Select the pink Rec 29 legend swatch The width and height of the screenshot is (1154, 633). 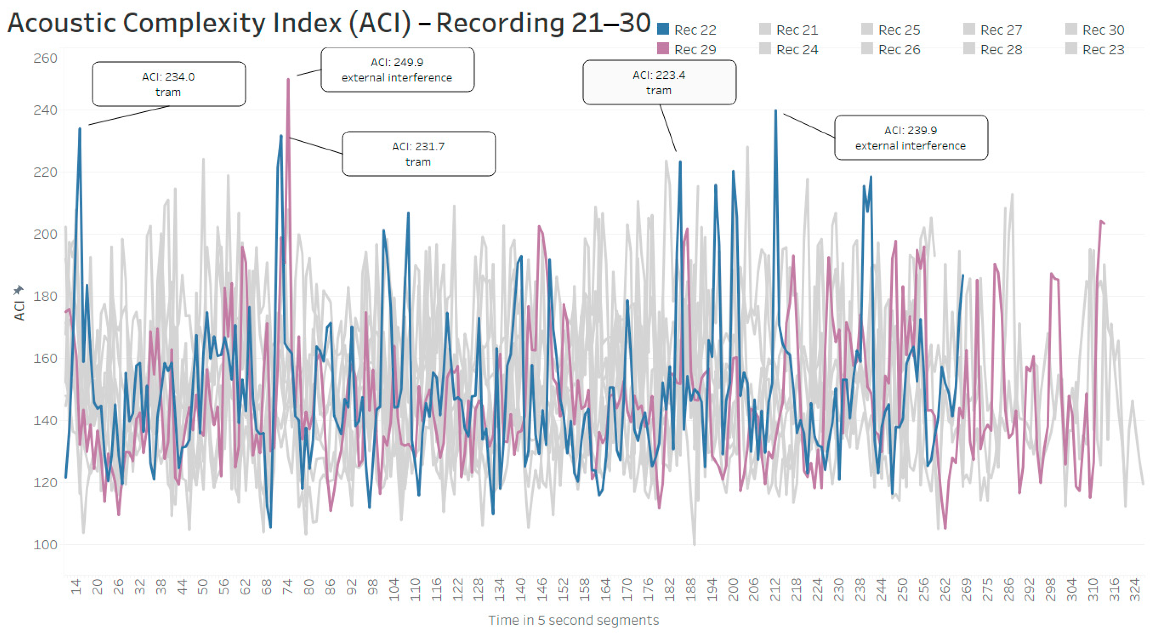point(663,48)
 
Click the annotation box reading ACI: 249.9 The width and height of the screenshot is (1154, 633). point(397,70)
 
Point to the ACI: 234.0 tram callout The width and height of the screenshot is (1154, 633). point(168,84)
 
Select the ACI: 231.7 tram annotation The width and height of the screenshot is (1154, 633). point(418,154)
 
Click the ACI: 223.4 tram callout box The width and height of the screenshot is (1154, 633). point(659,82)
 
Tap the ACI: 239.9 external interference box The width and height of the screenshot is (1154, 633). point(911,138)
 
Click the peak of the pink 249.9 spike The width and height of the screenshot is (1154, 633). point(288,80)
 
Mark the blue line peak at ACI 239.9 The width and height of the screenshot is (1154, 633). point(775,111)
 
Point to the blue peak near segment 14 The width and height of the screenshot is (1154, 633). point(80,129)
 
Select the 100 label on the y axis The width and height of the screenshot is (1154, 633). point(45,545)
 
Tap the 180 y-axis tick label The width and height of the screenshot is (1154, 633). point(45,296)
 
